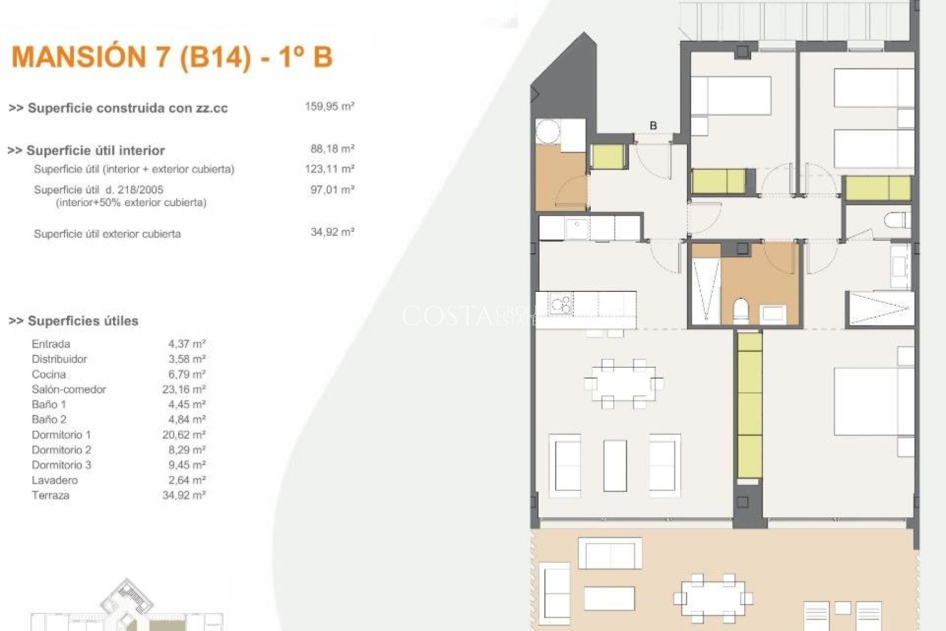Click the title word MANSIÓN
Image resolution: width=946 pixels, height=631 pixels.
click(x=78, y=57)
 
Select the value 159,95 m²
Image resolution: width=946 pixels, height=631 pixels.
click(x=329, y=106)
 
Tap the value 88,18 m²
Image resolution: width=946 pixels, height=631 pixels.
click(x=332, y=149)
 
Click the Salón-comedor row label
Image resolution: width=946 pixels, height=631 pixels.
click(x=68, y=389)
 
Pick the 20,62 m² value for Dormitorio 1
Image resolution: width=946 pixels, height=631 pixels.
click(x=183, y=435)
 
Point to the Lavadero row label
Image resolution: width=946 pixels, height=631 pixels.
click(x=55, y=480)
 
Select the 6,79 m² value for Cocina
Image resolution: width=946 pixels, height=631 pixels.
click(x=186, y=374)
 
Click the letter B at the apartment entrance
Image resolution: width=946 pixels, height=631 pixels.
click(x=653, y=126)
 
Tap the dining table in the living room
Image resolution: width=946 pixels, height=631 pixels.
click(x=623, y=384)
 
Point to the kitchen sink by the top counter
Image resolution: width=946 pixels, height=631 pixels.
click(x=577, y=228)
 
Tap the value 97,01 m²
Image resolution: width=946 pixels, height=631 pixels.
click(x=332, y=190)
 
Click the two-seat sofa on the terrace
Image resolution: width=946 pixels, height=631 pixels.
click(x=609, y=553)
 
